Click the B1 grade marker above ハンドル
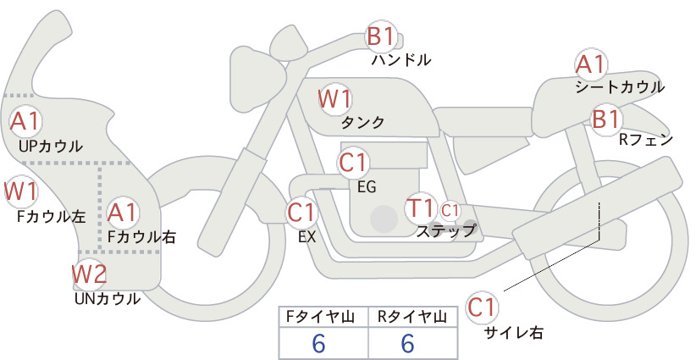(381, 36)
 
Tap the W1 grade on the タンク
(335, 99)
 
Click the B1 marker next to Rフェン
(606, 119)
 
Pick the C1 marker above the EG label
(353, 163)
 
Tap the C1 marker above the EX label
(301, 213)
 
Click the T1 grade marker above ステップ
(420, 208)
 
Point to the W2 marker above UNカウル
(90, 274)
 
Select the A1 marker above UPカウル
(25, 121)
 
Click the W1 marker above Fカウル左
(21, 191)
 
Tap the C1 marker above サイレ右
(482, 307)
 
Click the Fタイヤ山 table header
(320, 317)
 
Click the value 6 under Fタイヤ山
(318, 343)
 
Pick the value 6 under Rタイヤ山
(407, 343)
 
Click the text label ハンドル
(401, 60)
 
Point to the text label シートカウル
(620, 87)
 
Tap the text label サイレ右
(514, 333)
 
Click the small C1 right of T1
(450, 210)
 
